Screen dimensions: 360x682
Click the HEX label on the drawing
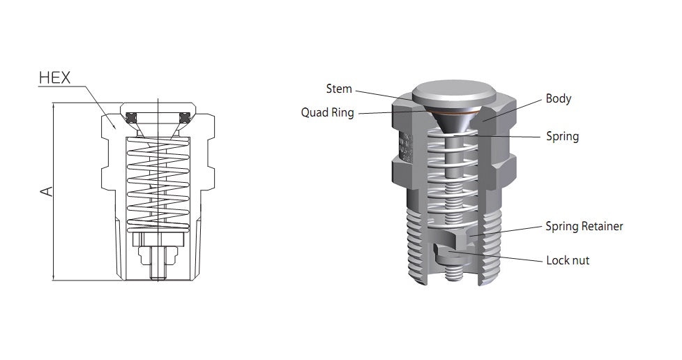click(54, 77)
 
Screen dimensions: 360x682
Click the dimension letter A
click(47, 190)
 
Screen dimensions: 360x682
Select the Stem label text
click(339, 89)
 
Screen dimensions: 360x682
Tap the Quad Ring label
click(327, 112)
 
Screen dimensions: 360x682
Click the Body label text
click(559, 98)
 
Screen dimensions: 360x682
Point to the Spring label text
click(562, 136)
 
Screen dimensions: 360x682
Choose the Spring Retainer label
click(584, 226)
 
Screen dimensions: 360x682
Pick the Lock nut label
click(568, 260)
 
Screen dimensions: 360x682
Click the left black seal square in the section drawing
click(131, 117)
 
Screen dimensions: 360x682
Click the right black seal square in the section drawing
click(185, 117)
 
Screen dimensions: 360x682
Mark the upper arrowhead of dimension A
click(54, 106)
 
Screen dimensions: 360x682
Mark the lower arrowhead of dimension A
click(54, 278)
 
